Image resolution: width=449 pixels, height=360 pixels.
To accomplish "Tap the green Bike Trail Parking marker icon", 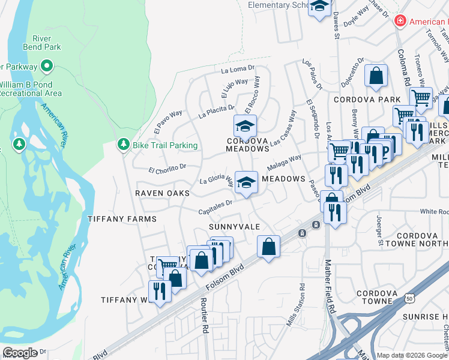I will (x=123, y=145).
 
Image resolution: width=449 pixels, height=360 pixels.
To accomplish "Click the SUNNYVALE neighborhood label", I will (x=234, y=227).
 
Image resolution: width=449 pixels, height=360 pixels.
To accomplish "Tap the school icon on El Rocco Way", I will (x=245, y=127).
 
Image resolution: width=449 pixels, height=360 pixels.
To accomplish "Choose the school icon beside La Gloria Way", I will (x=246, y=182).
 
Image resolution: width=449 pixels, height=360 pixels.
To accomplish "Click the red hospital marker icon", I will (x=400, y=22).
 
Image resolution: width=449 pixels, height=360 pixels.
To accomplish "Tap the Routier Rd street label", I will (x=204, y=322).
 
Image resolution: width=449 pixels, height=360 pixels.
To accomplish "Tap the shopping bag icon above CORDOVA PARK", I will (x=376, y=76).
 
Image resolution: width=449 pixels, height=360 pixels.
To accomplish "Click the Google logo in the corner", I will (x=20, y=353).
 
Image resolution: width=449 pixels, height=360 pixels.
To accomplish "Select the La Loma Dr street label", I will (x=238, y=70).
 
